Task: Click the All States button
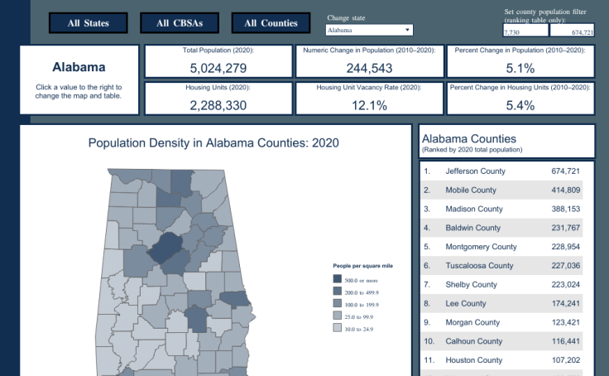[89, 23]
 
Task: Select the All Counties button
[271, 23]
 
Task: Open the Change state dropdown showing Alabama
[369, 31]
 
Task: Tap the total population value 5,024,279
[218, 68]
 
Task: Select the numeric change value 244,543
[368, 68]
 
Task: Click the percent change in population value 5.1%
[520, 68]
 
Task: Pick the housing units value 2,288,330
[218, 105]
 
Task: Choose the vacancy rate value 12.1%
[368, 105]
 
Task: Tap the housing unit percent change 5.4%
[520, 105]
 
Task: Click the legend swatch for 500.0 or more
[337, 279]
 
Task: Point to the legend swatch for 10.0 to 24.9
[337, 329]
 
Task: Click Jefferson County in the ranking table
[475, 171]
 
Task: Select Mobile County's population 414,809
[565, 190]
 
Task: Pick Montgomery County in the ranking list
[481, 247]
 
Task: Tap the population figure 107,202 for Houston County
[565, 360]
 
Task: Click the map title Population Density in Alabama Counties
[213, 142]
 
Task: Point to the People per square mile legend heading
[362, 266]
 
